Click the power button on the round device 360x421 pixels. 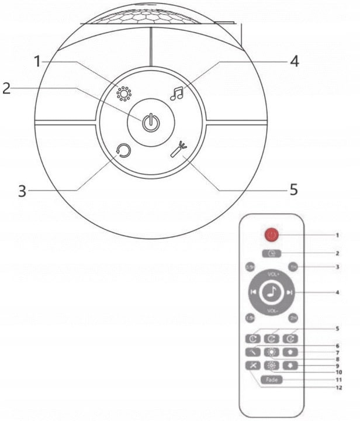coord(151,123)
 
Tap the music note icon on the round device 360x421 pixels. coord(176,93)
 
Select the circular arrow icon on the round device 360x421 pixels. coord(123,152)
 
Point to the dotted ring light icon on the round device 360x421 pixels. coord(123,94)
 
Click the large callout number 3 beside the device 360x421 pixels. coord(22,191)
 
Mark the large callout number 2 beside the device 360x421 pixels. coord(6,88)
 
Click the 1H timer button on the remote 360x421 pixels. coord(293,266)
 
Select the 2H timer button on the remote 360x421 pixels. coord(293,318)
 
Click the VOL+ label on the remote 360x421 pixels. coord(273,273)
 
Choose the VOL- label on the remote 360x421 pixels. coord(272,310)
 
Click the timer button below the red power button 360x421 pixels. coord(272,253)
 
